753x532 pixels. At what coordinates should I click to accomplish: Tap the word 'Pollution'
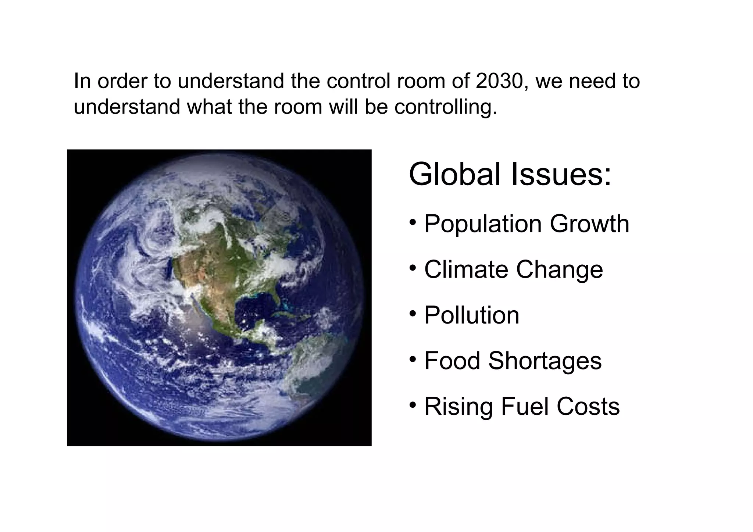[472, 315]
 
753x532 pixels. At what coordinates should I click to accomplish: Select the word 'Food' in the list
[452, 361]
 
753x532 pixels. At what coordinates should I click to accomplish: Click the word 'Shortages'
[545, 361]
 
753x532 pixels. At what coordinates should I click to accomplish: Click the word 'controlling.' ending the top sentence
[446, 107]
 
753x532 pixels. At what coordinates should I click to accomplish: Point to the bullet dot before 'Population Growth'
[413, 222]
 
